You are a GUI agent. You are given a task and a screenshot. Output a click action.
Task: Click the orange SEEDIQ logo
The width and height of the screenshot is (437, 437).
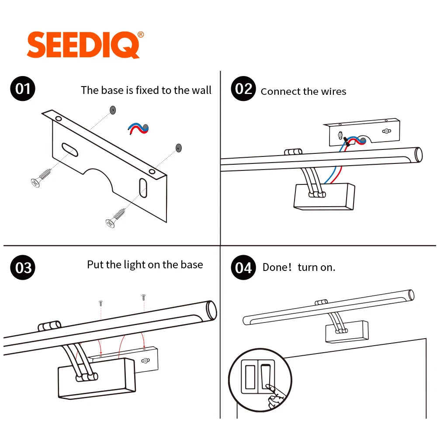tap(83, 45)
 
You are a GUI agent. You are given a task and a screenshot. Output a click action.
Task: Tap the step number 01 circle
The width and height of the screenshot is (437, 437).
tap(23, 89)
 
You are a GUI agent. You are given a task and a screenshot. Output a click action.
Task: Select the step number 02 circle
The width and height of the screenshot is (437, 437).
tap(243, 89)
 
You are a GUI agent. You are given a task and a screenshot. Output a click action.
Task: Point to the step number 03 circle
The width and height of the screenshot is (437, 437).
tap(23, 267)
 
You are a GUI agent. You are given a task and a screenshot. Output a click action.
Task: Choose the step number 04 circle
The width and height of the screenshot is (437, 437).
tap(243, 267)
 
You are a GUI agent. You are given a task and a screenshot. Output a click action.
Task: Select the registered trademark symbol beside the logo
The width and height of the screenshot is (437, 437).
tap(141, 35)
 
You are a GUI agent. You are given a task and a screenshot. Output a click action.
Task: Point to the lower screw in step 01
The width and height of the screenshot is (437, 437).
tap(115, 218)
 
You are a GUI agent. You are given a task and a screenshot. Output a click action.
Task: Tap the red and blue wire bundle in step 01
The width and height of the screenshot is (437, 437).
tap(138, 128)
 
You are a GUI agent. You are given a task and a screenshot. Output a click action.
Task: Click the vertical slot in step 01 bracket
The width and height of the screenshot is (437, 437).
tap(143, 188)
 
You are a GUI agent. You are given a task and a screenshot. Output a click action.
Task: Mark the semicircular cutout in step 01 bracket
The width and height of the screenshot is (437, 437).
tap(99, 178)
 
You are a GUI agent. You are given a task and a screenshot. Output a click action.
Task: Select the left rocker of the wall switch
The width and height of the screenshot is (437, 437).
tap(250, 377)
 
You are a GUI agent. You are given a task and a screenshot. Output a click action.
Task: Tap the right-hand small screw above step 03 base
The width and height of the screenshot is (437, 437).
tap(143, 297)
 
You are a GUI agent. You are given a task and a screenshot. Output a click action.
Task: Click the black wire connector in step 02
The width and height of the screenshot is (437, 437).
tap(347, 141)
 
